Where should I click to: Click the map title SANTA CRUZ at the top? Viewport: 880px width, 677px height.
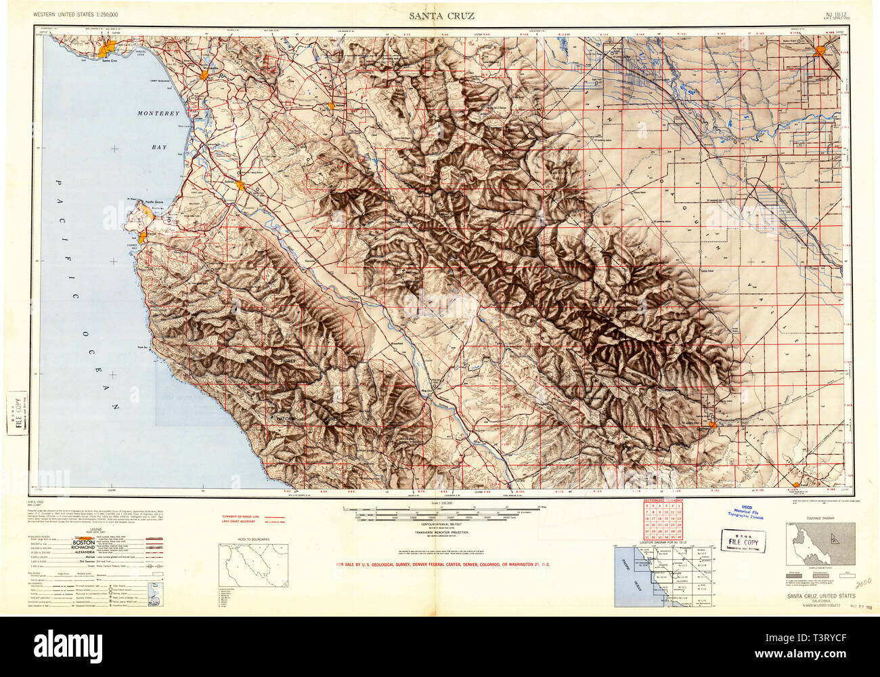pos(441,16)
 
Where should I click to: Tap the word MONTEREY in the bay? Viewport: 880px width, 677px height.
pos(158,114)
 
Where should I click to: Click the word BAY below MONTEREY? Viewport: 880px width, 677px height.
pos(160,146)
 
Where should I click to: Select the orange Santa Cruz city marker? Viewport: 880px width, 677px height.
pos(106,50)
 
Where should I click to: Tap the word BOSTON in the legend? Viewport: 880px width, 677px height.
pos(85,543)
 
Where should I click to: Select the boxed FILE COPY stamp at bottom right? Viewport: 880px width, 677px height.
pos(743,542)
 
